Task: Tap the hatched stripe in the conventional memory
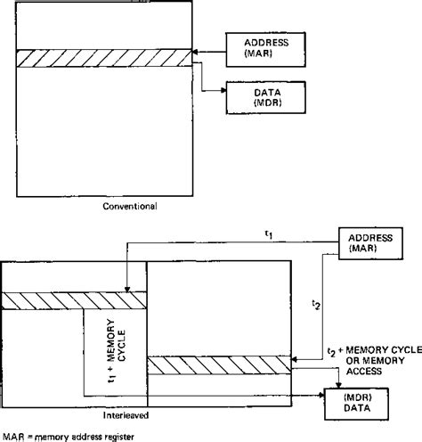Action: coord(104,57)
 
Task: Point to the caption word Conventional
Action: coord(130,206)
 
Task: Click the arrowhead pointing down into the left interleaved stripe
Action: coord(128,290)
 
